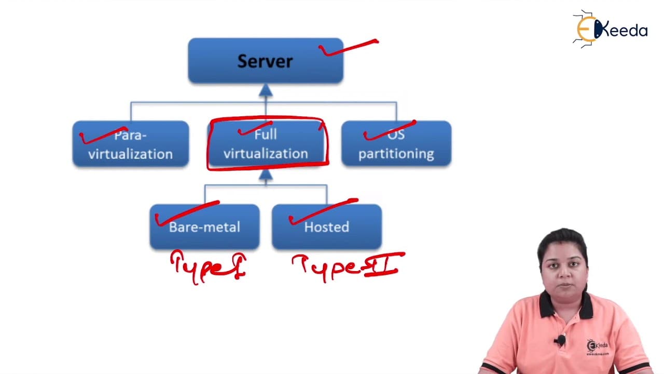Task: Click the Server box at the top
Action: [266, 61]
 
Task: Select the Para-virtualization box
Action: [131, 144]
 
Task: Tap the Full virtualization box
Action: [266, 144]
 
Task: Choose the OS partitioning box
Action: [396, 144]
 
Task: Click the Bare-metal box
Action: [204, 227]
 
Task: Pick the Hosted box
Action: [327, 227]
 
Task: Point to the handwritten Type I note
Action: [209, 267]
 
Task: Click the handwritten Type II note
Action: [349, 267]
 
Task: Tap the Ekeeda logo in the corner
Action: [610, 29]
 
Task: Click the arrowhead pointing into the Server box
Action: [266, 90]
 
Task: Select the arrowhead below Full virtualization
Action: [266, 175]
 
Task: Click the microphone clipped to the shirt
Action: [560, 340]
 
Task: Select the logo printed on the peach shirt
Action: [597, 346]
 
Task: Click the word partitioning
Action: [396, 154]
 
